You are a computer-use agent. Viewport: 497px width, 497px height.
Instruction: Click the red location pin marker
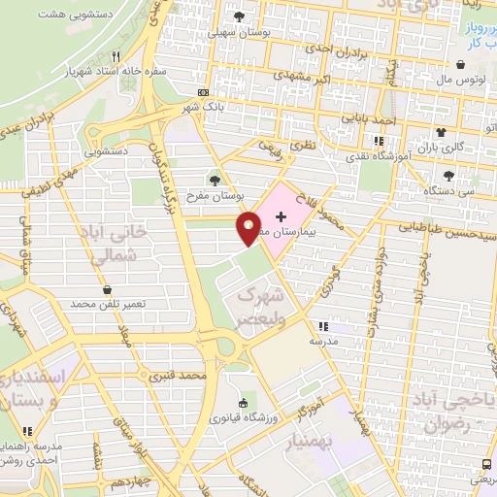click(249, 227)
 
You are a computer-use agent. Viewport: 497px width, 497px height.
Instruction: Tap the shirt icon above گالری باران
click(442, 133)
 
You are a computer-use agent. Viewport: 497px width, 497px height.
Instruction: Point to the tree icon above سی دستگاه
click(448, 176)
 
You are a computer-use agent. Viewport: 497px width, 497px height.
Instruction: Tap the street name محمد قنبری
click(182, 374)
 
